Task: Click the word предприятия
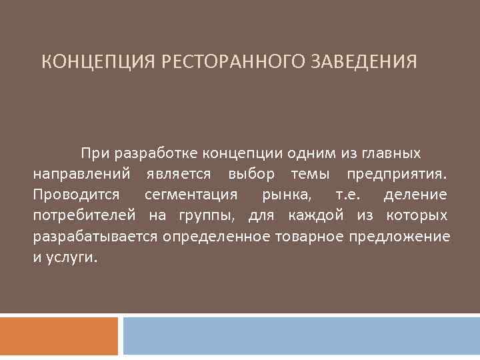click(x=397, y=175)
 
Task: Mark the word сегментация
click(x=191, y=195)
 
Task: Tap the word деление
click(x=415, y=195)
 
